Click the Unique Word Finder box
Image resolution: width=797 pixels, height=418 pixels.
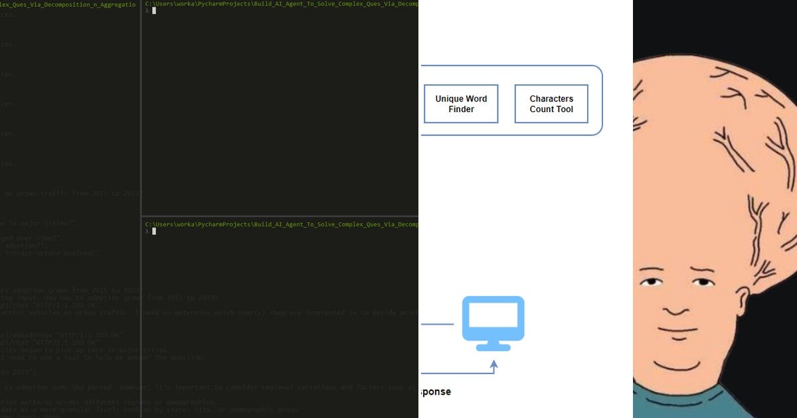(461, 104)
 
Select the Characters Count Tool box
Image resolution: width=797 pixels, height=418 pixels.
(551, 104)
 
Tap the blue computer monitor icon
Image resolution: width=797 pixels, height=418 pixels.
(493, 319)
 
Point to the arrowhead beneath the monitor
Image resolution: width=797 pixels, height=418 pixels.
(493, 364)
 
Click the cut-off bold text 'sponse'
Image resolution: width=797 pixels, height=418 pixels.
(436, 391)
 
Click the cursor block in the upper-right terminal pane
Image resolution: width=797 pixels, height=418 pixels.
(154, 11)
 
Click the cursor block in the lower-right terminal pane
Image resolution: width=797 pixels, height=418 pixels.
(154, 232)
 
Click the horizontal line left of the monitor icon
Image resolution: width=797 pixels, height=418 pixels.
(437, 324)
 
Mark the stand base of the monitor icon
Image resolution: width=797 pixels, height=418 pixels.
(493, 347)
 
